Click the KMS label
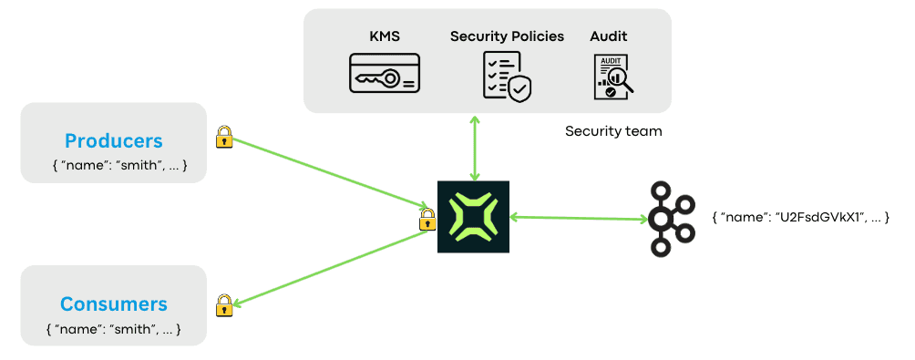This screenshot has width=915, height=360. (x=383, y=36)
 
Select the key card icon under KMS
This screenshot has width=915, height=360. (x=384, y=74)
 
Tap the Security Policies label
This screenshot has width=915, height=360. (x=507, y=36)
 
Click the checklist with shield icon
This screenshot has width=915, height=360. (x=506, y=76)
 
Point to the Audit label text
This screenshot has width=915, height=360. (x=608, y=36)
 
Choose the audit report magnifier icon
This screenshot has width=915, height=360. (x=613, y=77)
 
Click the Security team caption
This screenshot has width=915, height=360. (x=613, y=131)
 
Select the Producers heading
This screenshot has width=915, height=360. (x=113, y=140)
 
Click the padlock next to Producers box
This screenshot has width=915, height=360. (x=223, y=138)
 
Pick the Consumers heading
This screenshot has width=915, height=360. (x=114, y=303)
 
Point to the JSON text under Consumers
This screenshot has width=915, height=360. (x=114, y=328)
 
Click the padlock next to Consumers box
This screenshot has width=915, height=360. (x=223, y=305)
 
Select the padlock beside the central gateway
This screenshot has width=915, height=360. (x=427, y=219)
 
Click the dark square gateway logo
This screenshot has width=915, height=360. (x=473, y=217)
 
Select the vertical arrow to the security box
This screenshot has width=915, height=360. (x=473, y=148)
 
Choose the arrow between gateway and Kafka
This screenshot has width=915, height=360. (x=579, y=218)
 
